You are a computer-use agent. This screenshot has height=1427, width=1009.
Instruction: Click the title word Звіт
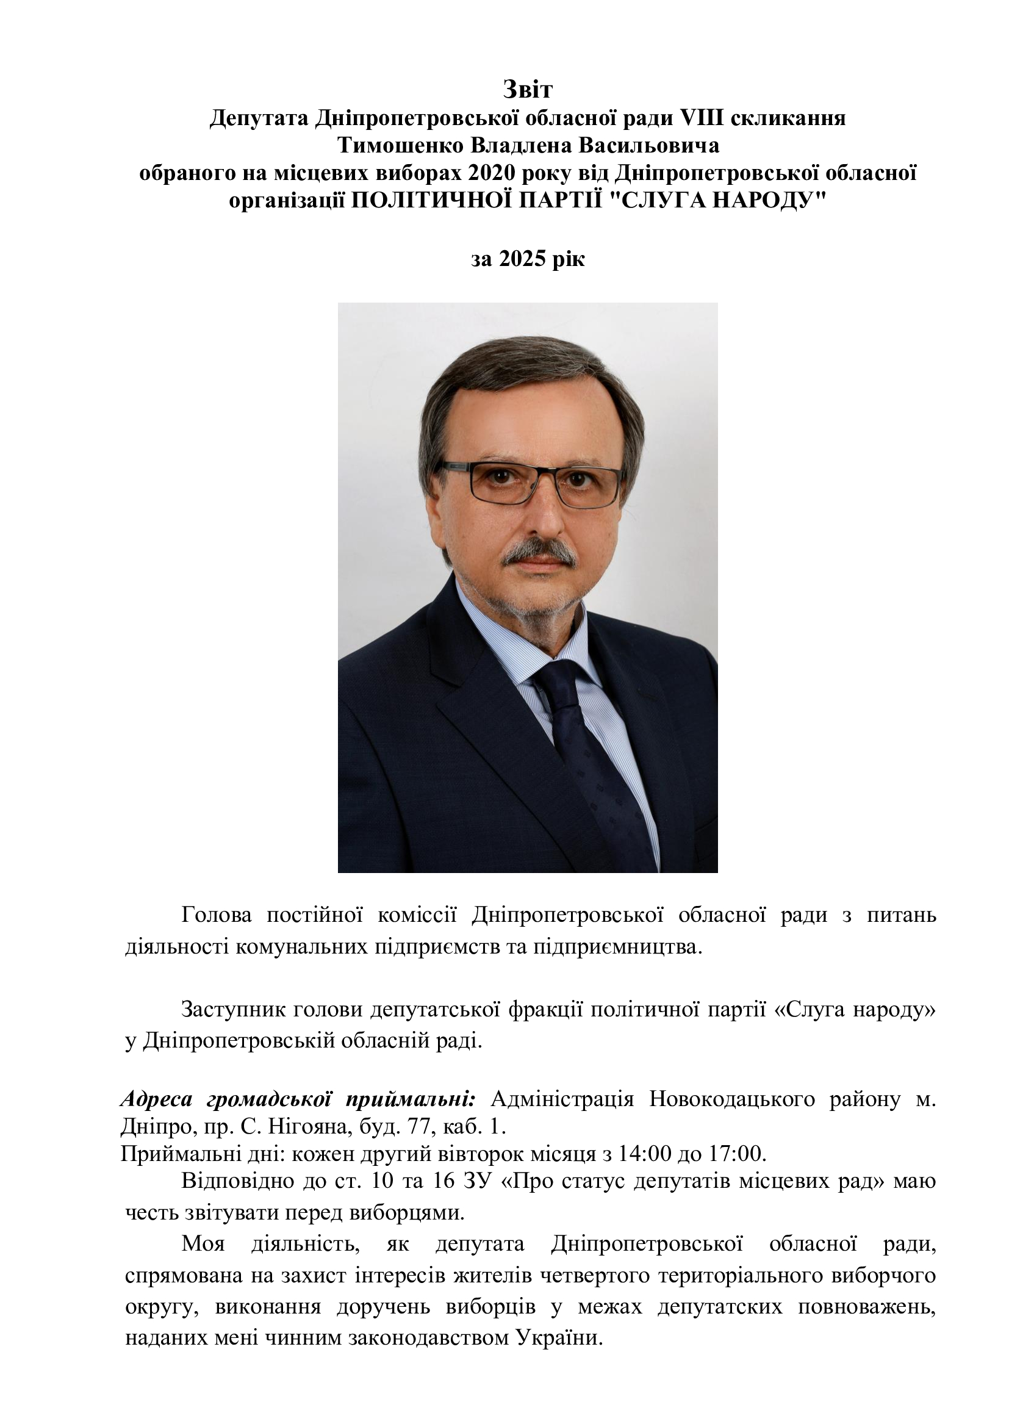tap(528, 90)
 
